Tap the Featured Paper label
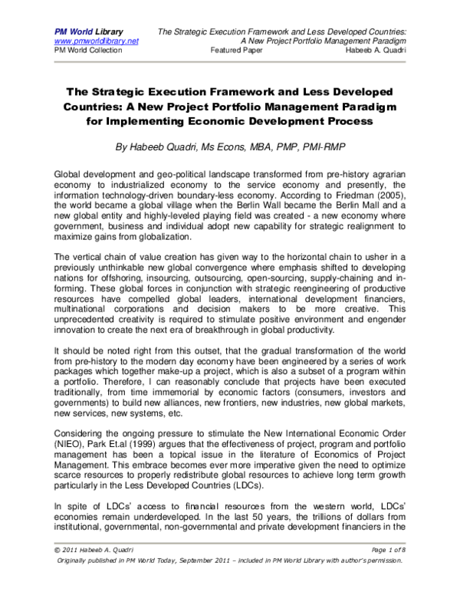[x=238, y=50]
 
